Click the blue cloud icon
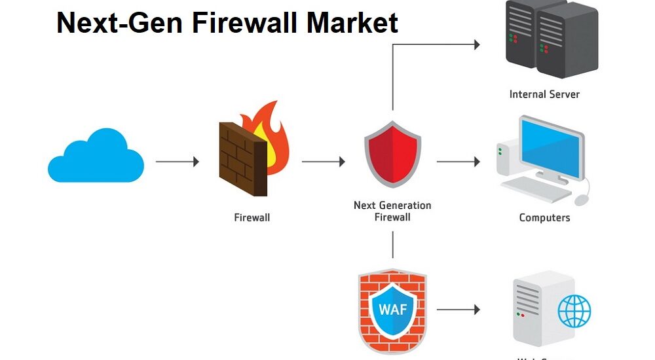(96, 157)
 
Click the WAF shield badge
(392, 308)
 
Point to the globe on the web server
(574, 311)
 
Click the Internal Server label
(544, 94)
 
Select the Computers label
(544, 218)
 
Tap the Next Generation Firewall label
(392, 211)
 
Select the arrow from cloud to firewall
(177, 161)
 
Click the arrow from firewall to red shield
(323, 161)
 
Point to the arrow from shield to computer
(458, 161)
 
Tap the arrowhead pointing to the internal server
(476, 45)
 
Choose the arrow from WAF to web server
(458, 310)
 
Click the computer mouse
(582, 199)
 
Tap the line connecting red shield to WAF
(392, 243)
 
